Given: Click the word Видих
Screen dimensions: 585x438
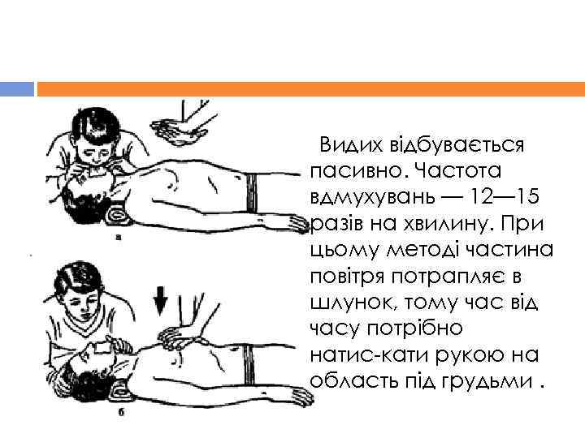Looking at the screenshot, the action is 352,145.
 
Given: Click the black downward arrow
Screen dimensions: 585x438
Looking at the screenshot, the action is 160,301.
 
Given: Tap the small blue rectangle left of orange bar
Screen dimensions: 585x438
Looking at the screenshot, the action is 17,89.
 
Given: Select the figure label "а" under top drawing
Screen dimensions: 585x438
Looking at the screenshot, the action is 119,237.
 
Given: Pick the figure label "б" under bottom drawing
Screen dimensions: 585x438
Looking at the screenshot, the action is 121,412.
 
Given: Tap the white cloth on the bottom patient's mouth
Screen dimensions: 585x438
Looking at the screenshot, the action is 101,348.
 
